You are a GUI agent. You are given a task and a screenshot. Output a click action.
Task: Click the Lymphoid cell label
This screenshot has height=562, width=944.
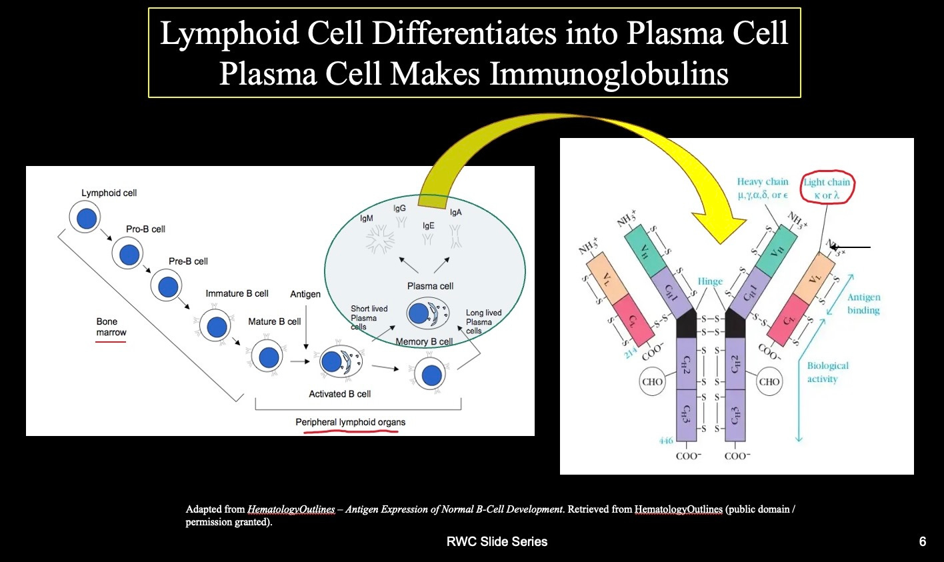point(109,193)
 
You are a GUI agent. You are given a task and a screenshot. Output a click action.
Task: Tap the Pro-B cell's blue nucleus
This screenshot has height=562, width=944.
point(129,255)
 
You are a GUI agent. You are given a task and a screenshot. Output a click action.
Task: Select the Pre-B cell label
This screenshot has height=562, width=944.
point(188,261)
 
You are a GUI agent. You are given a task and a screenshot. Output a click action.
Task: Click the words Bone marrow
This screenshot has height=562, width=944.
point(111,327)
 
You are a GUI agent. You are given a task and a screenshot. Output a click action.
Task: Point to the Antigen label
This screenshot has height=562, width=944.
point(305,294)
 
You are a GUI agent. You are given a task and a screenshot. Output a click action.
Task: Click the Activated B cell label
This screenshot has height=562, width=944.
point(339,394)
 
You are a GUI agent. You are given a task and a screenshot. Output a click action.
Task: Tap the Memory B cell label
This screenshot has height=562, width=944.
point(424,342)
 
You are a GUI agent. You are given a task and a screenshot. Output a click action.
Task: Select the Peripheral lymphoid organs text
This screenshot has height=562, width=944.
point(350,422)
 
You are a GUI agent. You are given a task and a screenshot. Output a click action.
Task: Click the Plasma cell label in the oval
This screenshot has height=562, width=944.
point(430,286)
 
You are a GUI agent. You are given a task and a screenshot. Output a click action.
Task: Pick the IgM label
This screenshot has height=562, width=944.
point(367,218)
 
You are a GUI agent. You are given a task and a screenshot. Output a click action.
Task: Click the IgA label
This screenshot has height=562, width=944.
point(455,213)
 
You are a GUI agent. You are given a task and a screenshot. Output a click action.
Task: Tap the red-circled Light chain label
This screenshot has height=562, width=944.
point(827,189)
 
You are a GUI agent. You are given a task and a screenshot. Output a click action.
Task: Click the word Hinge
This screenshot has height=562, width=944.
point(710,281)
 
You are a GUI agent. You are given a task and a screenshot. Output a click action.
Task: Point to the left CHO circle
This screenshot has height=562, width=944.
point(652,382)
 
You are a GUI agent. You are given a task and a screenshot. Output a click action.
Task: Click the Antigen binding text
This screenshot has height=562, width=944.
point(863,303)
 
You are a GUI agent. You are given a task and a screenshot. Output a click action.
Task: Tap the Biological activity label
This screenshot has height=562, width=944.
point(827,372)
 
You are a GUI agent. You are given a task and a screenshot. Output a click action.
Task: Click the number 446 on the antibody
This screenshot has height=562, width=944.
point(666,441)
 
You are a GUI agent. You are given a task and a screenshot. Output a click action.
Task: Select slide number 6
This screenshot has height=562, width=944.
point(922,542)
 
